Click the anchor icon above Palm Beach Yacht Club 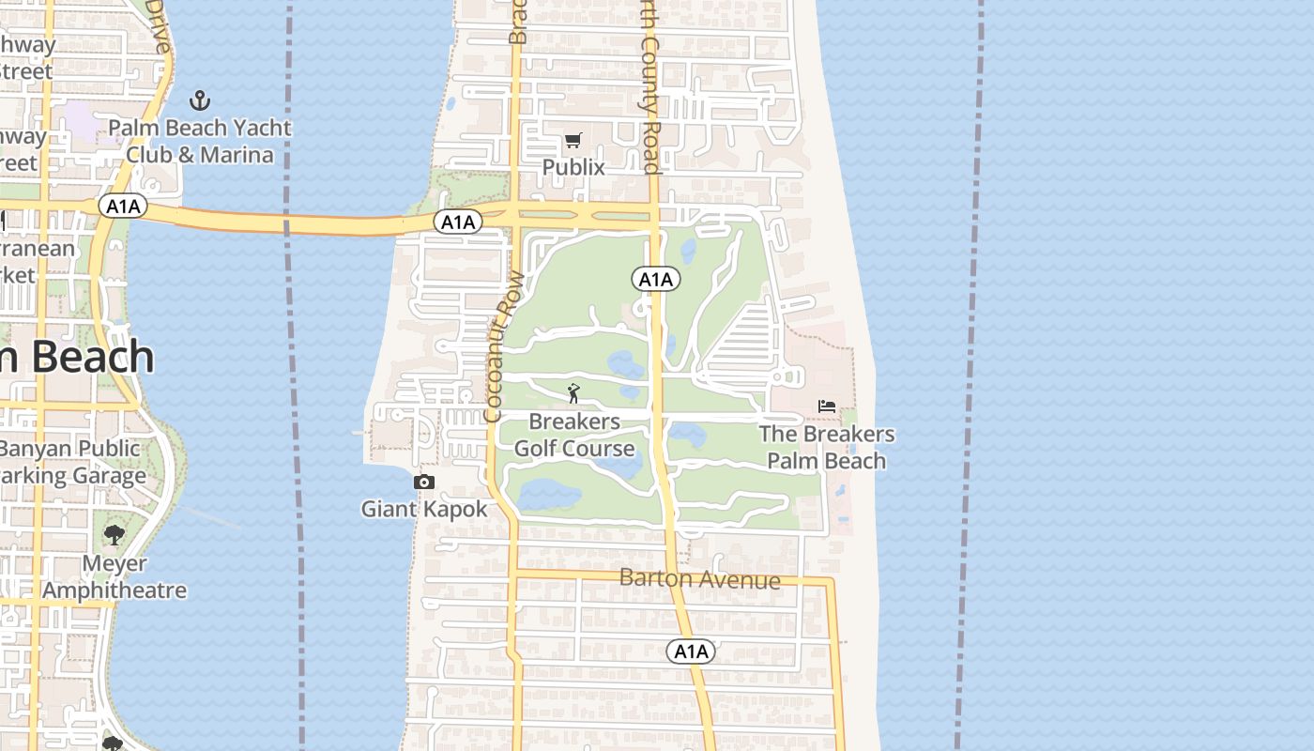point(199,100)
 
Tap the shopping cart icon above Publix point(573,141)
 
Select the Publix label point(573,167)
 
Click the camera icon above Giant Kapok point(424,482)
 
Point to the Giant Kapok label point(424,509)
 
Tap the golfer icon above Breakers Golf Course point(573,393)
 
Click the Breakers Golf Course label point(574,435)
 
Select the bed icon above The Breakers point(827,406)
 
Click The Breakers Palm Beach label point(827,447)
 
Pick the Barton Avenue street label point(700,578)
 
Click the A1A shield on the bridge point(458,222)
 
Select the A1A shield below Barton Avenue point(691,651)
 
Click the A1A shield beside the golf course point(656,279)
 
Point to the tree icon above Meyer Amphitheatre point(115,535)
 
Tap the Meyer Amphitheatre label point(115,576)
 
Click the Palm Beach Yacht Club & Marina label point(199,141)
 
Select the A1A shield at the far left point(123,206)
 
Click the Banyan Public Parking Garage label point(72,462)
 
